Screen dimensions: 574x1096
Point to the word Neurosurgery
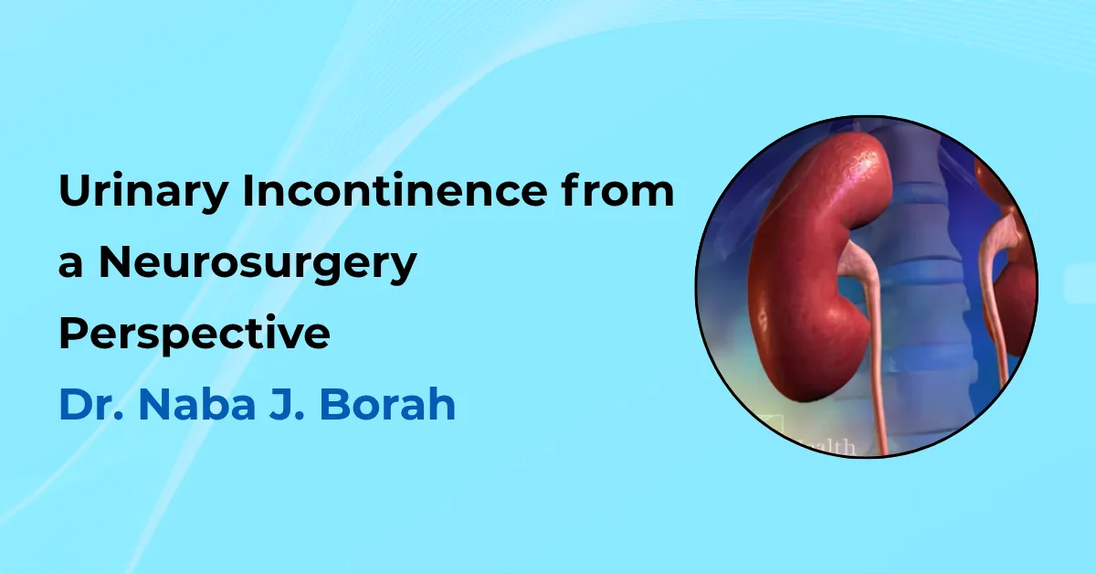coord(258,265)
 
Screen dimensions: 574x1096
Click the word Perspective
coord(194,335)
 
